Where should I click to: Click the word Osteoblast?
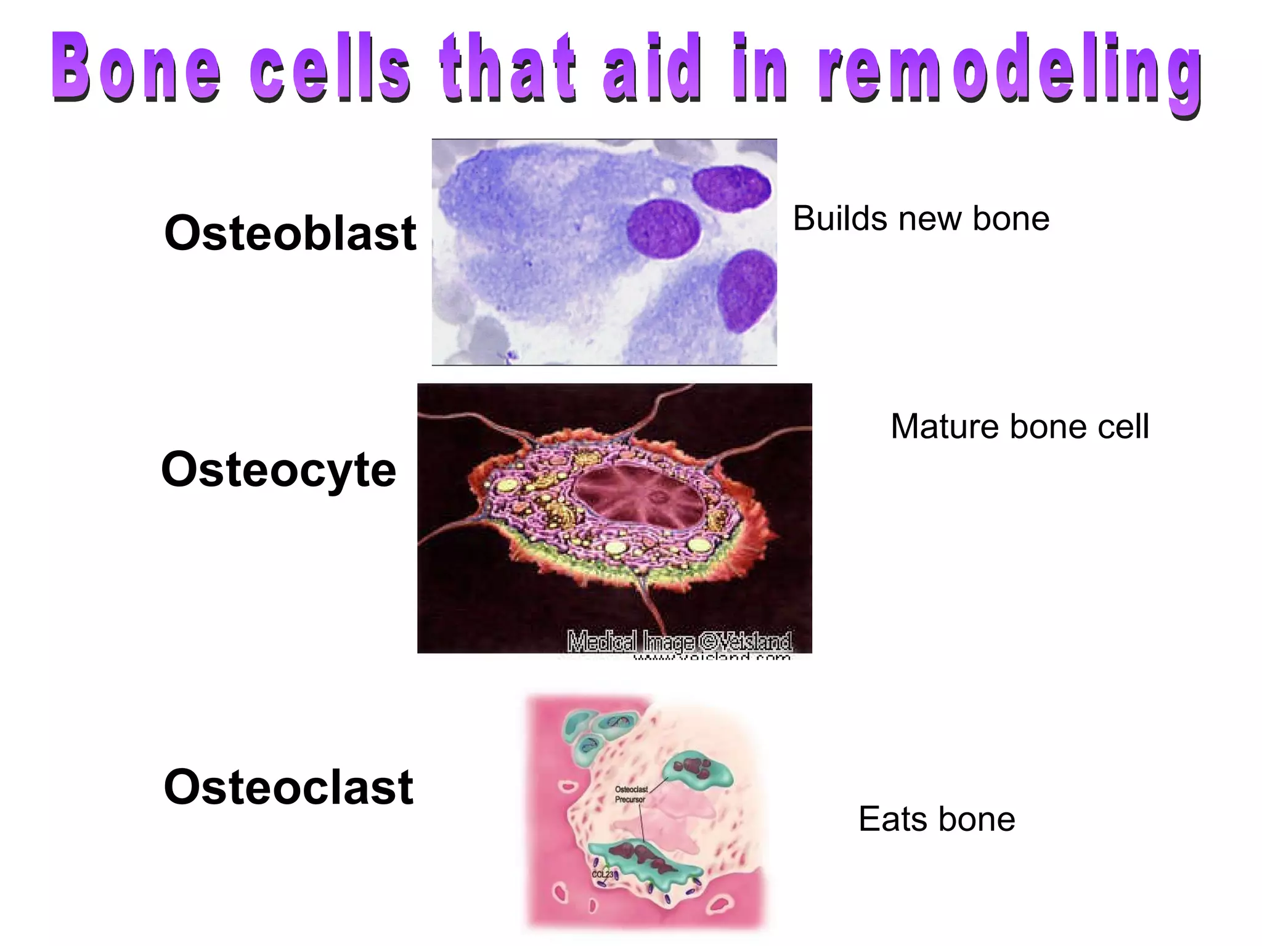coord(290,233)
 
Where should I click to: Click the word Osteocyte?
coord(279,470)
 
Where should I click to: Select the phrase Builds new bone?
coord(921,219)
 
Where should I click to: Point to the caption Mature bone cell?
coord(1020,426)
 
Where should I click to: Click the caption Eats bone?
coord(937,819)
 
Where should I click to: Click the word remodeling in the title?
coord(1011,69)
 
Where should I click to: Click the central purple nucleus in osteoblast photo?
coord(664,228)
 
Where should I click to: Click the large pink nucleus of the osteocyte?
coord(639,496)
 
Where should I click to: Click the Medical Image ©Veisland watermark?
coord(679,641)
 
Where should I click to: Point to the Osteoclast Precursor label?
coord(630,794)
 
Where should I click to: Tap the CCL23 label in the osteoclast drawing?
coord(602,875)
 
